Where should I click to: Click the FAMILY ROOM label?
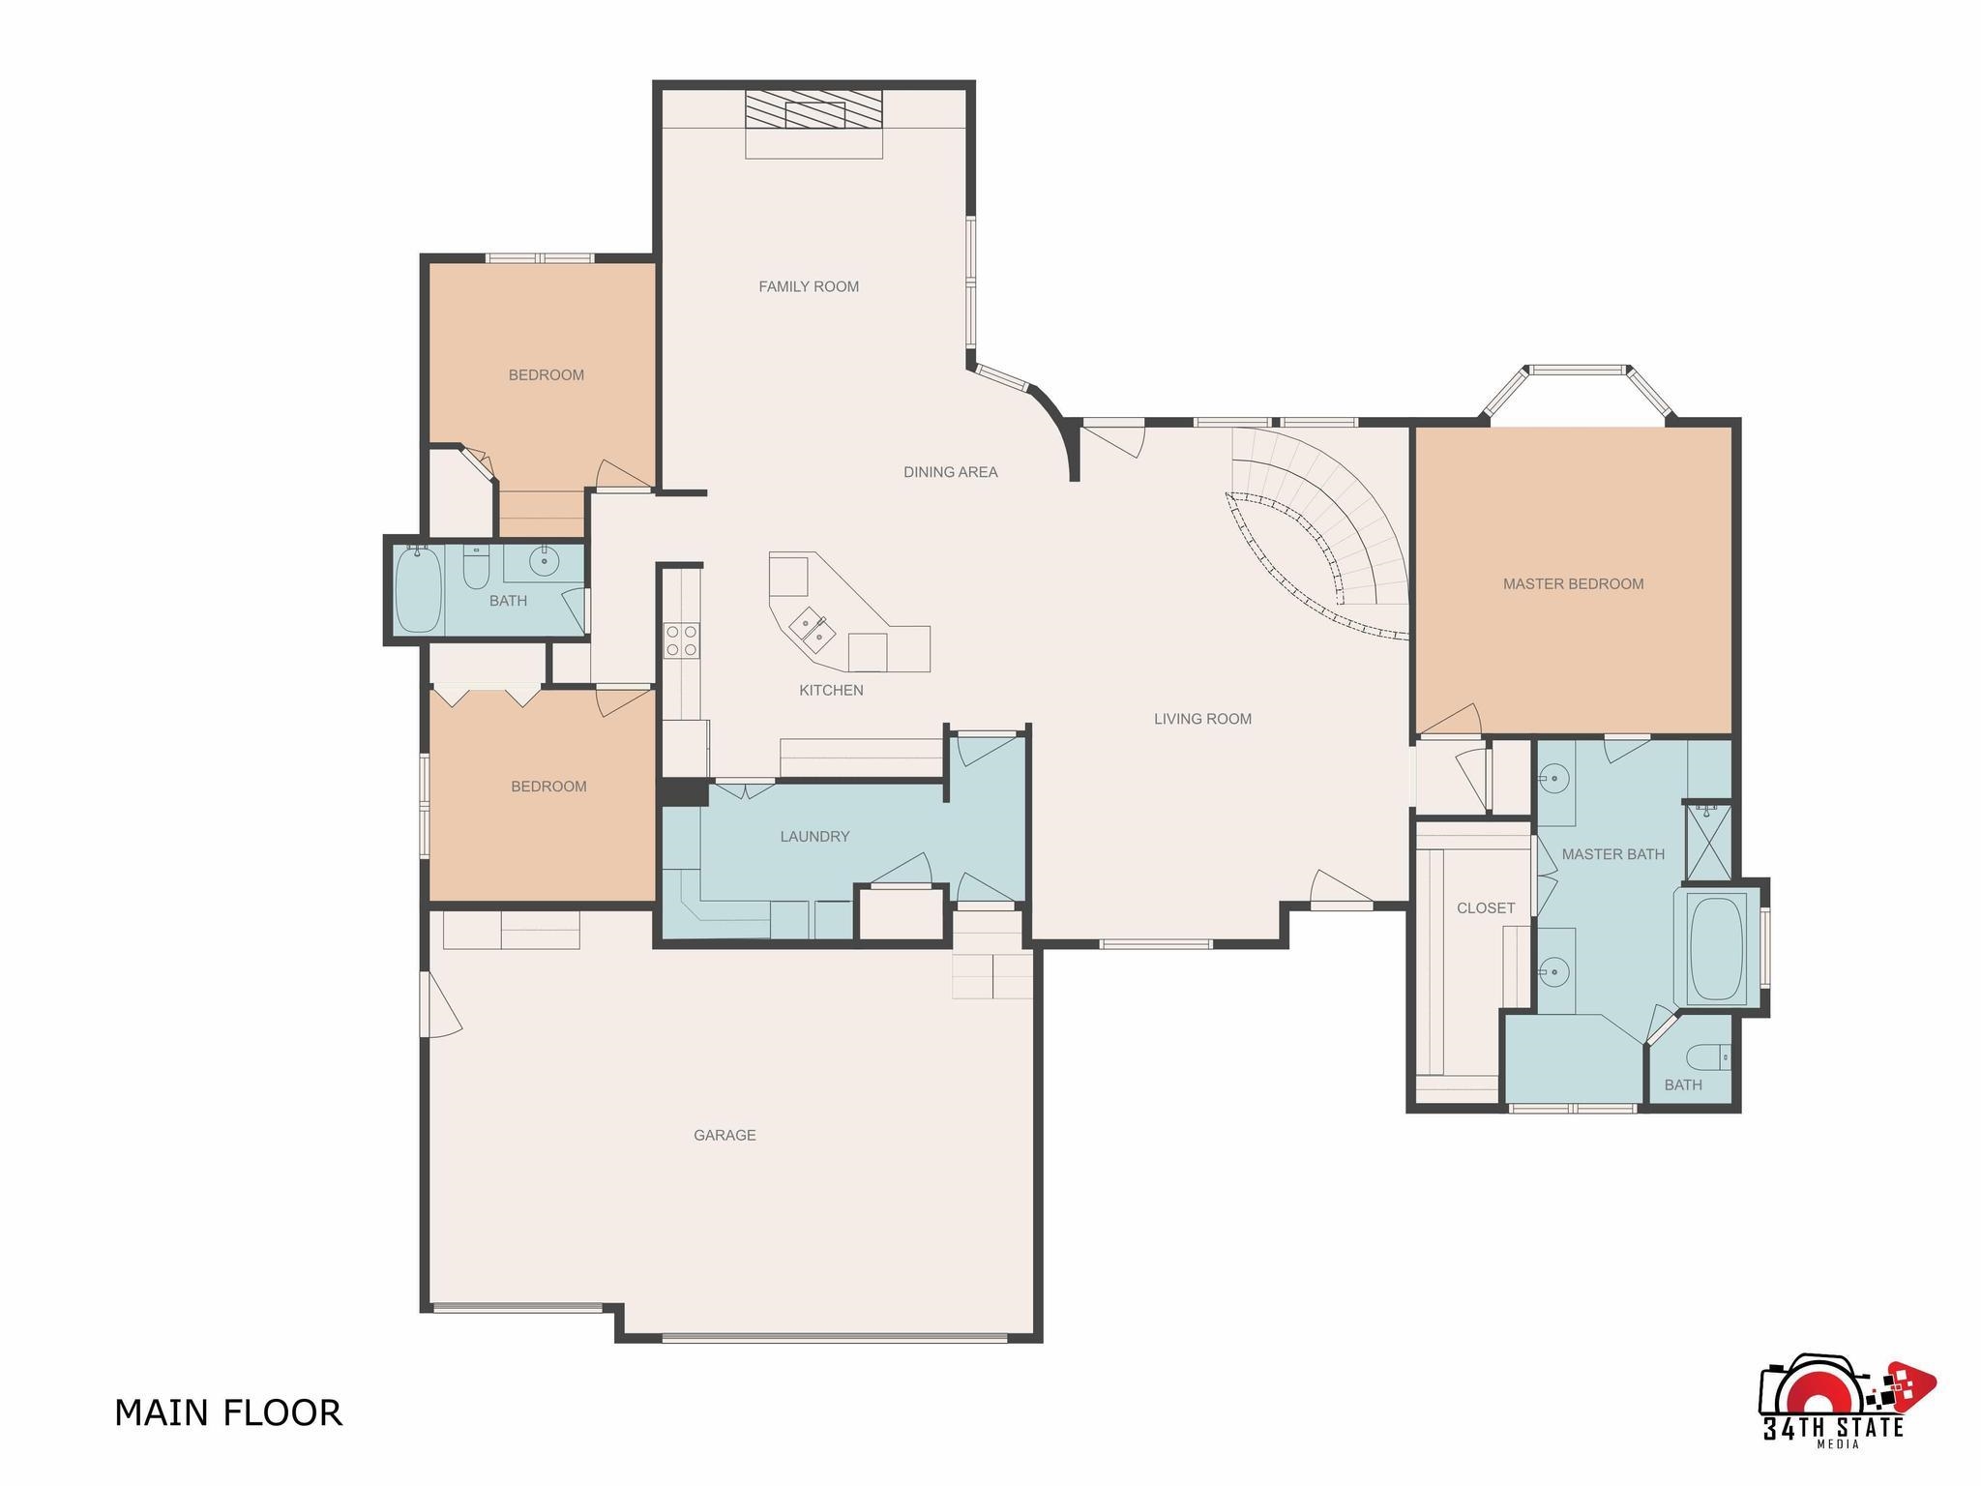(x=809, y=286)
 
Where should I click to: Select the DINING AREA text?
(x=951, y=472)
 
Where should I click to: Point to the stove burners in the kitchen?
(x=682, y=639)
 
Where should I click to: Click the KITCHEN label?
(x=831, y=690)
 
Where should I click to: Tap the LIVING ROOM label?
(x=1202, y=719)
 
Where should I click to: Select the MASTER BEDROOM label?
(x=1573, y=584)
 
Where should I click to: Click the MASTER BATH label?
(x=1613, y=854)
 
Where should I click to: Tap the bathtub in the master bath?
(x=1717, y=948)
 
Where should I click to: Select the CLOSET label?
(x=1486, y=908)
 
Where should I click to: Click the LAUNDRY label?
(x=814, y=837)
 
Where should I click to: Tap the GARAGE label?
(x=724, y=1136)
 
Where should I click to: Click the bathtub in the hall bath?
(x=419, y=590)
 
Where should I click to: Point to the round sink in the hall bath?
(x=545, y=560)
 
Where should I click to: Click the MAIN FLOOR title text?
(x=228, y=1412)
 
